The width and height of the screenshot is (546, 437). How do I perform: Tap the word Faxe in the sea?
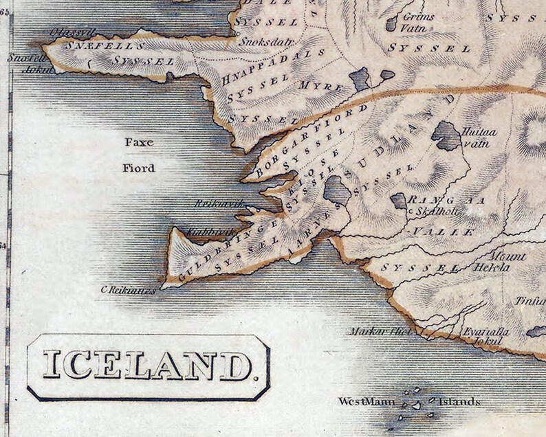(137, 143)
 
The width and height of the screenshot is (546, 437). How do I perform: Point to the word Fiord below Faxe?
(140, 168)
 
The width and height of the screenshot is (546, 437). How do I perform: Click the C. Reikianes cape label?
(129, 291)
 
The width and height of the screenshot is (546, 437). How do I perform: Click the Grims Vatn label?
(419, 21)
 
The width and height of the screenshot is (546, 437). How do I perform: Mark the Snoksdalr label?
(258, 40)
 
